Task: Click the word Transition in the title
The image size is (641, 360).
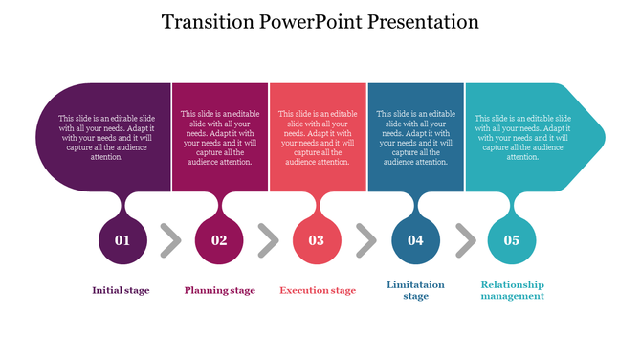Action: pos(203,21)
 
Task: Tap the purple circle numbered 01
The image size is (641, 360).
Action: pos(122,240)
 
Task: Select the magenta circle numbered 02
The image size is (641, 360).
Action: pos(219,240)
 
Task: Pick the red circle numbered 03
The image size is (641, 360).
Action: pos(317,240)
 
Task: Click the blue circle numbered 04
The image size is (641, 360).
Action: pos(415,240)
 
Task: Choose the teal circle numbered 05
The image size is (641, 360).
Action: pos(512,240)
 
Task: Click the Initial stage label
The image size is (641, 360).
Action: pos(121,290)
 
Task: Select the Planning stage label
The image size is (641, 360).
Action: pos(219,290)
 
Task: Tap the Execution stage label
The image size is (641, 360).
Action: pos(318,290)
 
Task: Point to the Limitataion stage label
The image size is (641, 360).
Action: pos(415,290)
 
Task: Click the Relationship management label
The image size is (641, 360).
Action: pos(512,290)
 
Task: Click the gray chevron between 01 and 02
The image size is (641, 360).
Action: pos(170,240)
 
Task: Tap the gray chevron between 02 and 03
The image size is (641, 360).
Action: pos(268,240)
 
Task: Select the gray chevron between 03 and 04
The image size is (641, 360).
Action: pos(366,240)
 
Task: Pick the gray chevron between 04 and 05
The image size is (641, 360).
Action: pos(465,240)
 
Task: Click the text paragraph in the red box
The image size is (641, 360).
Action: pos(318,138)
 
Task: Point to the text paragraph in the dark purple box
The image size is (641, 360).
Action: pos(104,137)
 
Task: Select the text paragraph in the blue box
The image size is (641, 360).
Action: pos(415,138)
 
